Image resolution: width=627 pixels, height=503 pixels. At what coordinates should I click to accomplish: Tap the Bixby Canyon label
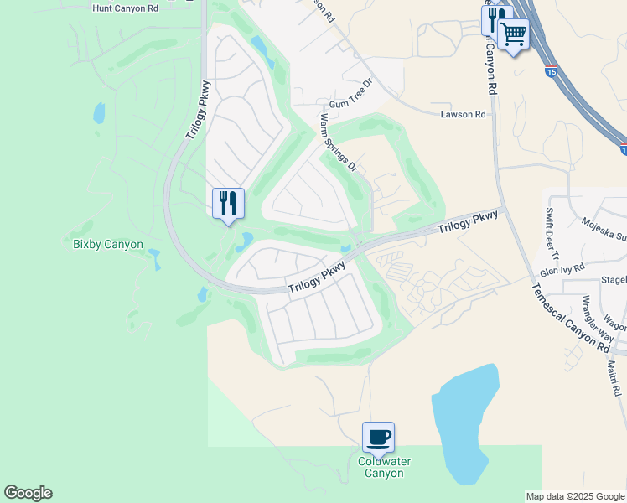(x=107, y=245)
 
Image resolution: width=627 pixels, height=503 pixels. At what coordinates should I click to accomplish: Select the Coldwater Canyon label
(x=381, y=468)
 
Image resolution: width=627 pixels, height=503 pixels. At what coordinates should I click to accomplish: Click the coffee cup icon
(x=378, y=437)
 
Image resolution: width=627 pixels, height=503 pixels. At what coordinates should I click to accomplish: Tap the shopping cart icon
(x=513, y=34)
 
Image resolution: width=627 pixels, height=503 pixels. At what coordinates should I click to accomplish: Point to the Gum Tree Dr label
(x=350, y=104)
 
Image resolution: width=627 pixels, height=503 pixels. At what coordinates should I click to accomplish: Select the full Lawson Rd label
(x=464, y=114)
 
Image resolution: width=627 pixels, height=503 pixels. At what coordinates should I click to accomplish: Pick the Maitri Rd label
(x=614, y=378)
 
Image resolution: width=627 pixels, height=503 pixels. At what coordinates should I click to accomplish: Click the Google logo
(x=28, y=493)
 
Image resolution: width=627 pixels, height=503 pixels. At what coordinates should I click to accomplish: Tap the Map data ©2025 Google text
(x=574, y=496)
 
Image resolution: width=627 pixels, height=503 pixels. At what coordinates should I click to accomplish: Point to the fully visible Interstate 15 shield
(x=551, y=72)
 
